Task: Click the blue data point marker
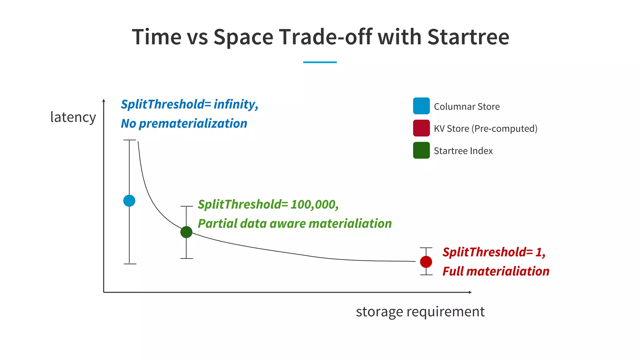[x=129, y=201]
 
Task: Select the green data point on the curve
[x=186, y=232]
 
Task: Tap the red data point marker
[x=426, y=262]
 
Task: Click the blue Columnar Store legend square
[x=421, y=106]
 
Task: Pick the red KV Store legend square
[x=421, y=128]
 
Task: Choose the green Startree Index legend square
[x=421, y=150]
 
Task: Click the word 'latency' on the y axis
[x=73, y=117]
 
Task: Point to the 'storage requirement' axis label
[x=420, y=312]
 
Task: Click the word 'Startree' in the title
[x=468, y=37]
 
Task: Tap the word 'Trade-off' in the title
[x=326, y=37]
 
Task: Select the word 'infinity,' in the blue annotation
[x=236, y=104]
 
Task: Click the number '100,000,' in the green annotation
[x=314, y=205]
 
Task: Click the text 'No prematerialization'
[x=184, y=124]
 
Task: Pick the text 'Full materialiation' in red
[x=496, y=271]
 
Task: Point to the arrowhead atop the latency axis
[x=104, y=101]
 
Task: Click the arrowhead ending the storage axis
[x=470, y=292]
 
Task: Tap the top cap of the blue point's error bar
[x=130, y=140]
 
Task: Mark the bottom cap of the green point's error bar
[x=187, y=258]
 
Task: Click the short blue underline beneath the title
[x=320, y=62]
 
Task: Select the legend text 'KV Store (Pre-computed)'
[x=485, y=128]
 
